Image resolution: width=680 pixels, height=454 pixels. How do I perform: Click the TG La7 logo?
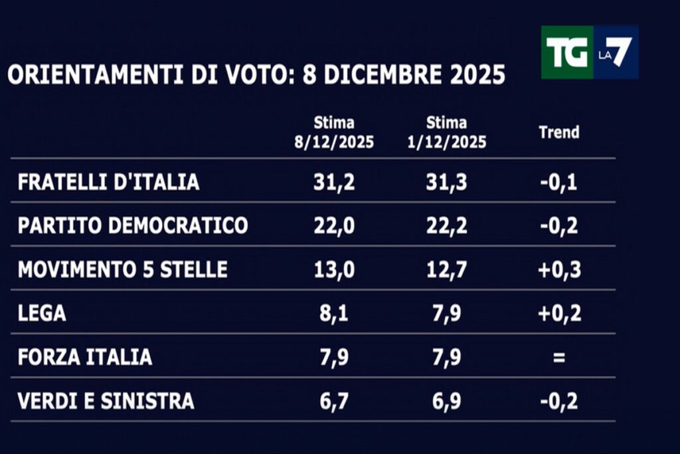click(x=589, y=53)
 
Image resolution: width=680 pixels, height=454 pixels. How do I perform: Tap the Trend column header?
click(x=558, y=132)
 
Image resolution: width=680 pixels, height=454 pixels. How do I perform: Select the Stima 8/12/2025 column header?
click(x=334, y=132)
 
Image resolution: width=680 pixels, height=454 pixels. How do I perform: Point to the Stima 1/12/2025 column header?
click(x=446, y=132)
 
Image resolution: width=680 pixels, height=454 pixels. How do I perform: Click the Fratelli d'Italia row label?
click(x=108, y=182)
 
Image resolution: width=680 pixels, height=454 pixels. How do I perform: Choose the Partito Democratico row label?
click(x=133, y=226)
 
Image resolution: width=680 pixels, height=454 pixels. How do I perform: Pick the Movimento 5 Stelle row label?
click(x=122, y=270)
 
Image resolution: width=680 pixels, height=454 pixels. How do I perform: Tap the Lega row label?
click(x=42, y=314)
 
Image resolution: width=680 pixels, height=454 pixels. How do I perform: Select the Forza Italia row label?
click(x=85, y=358)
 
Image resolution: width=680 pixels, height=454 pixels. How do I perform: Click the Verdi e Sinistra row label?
click(x=106, y=401)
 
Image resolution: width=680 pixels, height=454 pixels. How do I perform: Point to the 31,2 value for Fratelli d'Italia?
click(x=334, y=182)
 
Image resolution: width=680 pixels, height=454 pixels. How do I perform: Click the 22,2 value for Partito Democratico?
click(x=446, y=226)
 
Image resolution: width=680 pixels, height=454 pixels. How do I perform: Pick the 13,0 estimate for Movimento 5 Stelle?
click(x=334, y=270)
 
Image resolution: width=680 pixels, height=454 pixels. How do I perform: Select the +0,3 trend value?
click(x=558, y=270)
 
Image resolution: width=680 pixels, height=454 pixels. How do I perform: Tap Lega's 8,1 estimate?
click(x=334, y=314)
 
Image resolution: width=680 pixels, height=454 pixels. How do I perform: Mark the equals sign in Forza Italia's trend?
click(x=558, y=358)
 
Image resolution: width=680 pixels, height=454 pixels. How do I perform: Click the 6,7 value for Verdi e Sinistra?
click(x=334, y=401)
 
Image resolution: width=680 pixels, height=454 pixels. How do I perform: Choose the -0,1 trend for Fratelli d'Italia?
click(x=558, y=182)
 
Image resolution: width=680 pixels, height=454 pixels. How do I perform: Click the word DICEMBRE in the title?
click(x=382, y=75)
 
